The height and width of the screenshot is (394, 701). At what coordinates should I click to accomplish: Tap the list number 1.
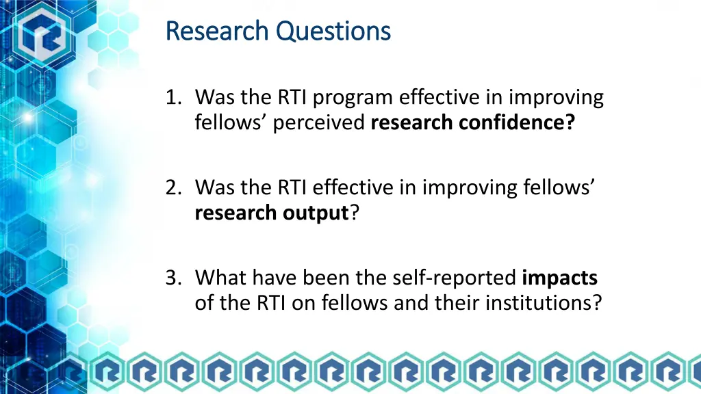pos(173,98)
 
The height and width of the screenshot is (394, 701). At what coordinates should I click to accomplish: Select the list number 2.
pos(173,187)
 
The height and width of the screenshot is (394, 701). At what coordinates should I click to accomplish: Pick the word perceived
pos(320,123)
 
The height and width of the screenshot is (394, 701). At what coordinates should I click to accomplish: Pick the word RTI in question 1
pos(295,98)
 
